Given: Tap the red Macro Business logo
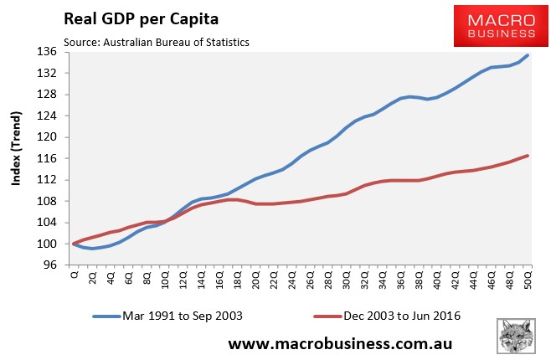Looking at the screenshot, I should [x=496, y=24].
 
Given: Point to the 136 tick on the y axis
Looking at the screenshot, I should [x=47, y=52].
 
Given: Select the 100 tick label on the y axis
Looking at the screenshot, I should [x=47, y=244].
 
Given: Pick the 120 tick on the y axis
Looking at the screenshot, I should [x=47, y=137].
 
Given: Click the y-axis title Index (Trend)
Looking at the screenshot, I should [x=16, y=159].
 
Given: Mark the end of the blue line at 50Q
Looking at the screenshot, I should [x=528, y=55].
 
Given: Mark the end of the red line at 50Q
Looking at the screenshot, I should [x=528, y=156].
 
